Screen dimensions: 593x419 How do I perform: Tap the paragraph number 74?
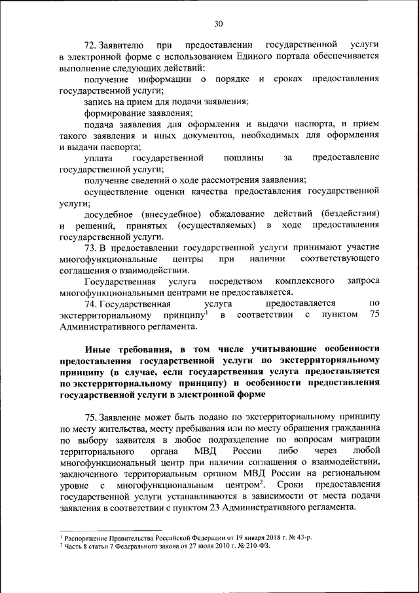(x=90, y=303)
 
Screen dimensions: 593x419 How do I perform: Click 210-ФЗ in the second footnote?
(x=257, y=545)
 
